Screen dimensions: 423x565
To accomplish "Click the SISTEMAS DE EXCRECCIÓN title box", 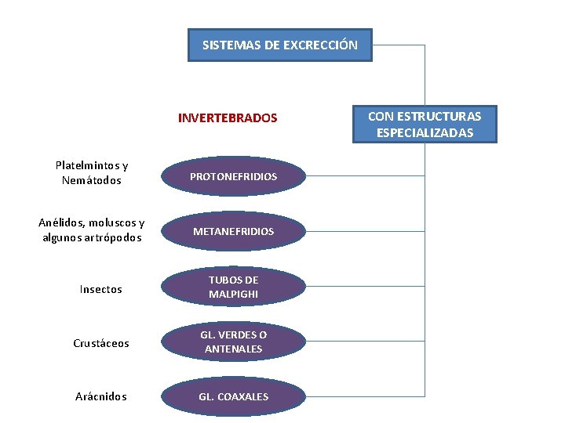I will (x=280, y=45).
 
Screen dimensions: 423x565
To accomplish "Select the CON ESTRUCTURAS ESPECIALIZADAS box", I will (x=425, y=125).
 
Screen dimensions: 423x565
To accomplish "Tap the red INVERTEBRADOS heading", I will (x=228, y=118).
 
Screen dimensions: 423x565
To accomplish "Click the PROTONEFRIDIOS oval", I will (x=234, y=177).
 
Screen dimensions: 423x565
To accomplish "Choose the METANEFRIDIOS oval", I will (x=234, y=232).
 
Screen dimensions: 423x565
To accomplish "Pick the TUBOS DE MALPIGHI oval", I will (x=234, y=287).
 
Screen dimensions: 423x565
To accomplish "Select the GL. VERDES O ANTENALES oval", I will (x=234, y=342).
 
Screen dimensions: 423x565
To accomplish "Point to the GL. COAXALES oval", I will (x=234, y=396).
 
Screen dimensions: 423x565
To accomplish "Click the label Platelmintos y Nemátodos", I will (x=92, y=173).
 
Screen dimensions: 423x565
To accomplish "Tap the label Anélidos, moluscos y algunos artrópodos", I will (x=92, y=230).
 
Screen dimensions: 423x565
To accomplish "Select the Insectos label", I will (x=101, y=289).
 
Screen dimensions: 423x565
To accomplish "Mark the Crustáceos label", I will (x=101, y=343).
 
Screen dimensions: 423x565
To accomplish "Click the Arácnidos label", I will (x=101, y=396).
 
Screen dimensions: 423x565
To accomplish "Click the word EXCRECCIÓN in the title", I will (x=322, y=45).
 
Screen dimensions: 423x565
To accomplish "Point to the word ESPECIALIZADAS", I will (x=425, y=133).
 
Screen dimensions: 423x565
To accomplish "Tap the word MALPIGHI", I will (x=234, y=295).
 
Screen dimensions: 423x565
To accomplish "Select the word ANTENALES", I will (x=234, y=349).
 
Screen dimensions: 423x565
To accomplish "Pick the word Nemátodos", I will (x=92, y=181).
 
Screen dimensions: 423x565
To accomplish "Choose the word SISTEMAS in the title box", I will (x=228, y=45).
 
